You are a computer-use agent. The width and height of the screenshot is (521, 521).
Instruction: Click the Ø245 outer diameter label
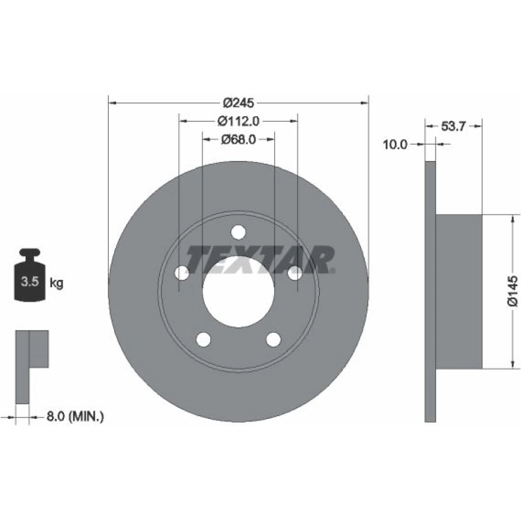[238, 103]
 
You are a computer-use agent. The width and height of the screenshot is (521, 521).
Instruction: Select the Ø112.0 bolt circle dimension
[238, 121]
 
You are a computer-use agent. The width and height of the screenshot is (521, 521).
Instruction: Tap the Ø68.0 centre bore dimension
[238, 140]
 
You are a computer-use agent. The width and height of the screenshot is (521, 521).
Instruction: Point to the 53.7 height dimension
[454, 126]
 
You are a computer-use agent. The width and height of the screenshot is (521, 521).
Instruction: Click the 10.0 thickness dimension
[395, 144]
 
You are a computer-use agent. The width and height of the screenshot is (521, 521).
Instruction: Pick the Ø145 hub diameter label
[512, 290]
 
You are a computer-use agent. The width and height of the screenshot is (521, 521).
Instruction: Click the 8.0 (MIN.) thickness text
[75, 416]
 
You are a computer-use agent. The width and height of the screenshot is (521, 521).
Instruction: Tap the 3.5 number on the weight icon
[30, 281]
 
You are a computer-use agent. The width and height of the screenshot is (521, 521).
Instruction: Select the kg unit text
[56, 283]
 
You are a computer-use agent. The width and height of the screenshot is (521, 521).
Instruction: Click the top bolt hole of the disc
[238, 232]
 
